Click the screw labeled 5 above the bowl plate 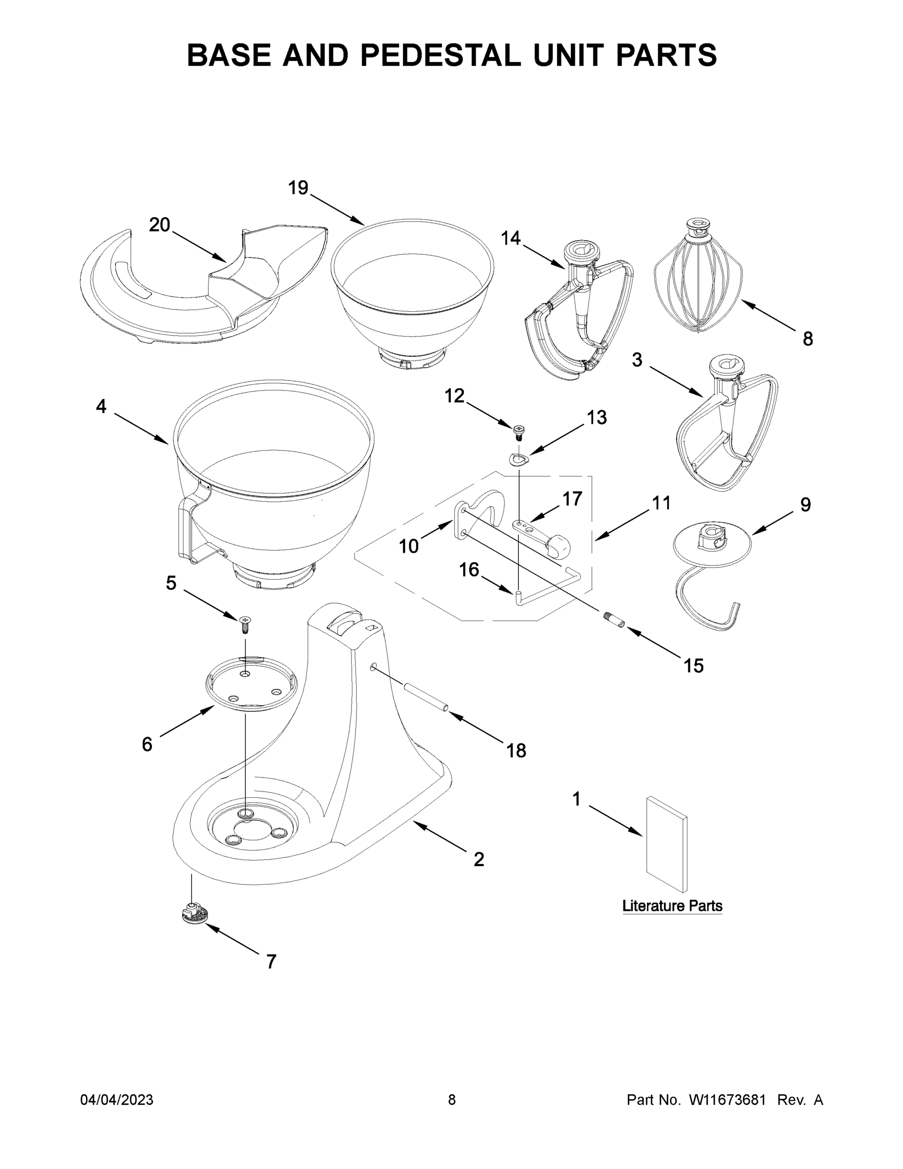tap(245, 623)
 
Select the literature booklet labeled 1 tap(666, 846)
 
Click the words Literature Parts tap(672, 906)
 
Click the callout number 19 tap(298, 188)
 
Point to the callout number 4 tap(101, 407)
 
